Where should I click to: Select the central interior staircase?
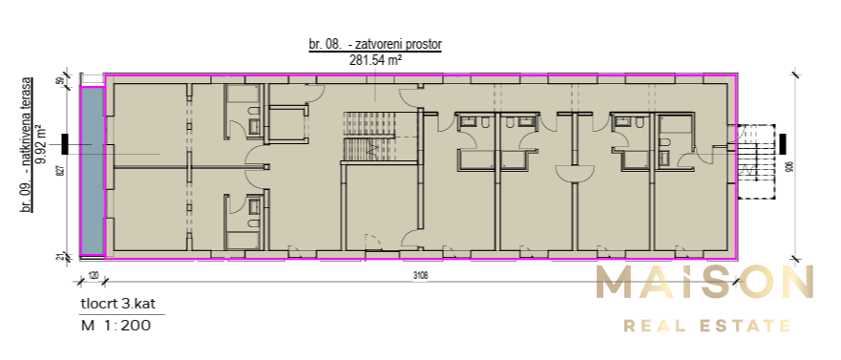[361, 150]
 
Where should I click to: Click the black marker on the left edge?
[65, 145]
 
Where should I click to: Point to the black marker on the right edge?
[781, 145]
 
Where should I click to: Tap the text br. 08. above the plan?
[324, 44]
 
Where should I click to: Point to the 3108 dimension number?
[420, 277]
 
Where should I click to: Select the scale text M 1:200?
[116, 325]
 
